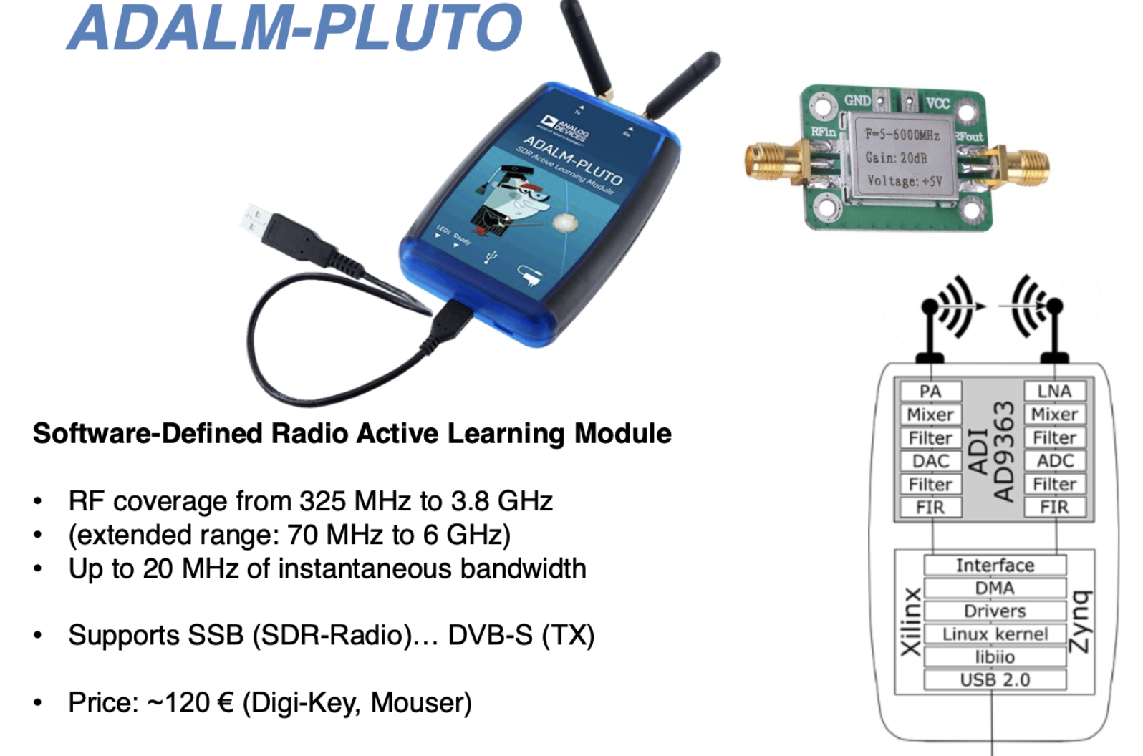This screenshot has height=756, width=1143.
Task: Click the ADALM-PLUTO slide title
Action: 295,29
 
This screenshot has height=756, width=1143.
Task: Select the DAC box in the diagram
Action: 930,461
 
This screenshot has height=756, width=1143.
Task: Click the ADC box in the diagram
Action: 1055,461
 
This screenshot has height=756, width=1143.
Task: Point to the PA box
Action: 930,392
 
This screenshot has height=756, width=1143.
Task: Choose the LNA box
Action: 1055,392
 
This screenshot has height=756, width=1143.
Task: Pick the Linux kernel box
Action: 995,634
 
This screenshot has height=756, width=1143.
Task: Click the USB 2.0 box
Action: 995,679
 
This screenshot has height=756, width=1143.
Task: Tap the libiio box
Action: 995,657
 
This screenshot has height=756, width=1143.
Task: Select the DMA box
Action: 995,588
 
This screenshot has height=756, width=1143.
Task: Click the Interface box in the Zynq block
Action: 995,566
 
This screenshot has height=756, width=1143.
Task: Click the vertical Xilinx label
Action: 910,621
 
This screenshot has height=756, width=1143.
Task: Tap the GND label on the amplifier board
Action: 857,101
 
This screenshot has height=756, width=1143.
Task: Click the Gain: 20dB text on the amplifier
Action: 896,157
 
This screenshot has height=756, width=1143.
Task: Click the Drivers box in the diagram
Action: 995,611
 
